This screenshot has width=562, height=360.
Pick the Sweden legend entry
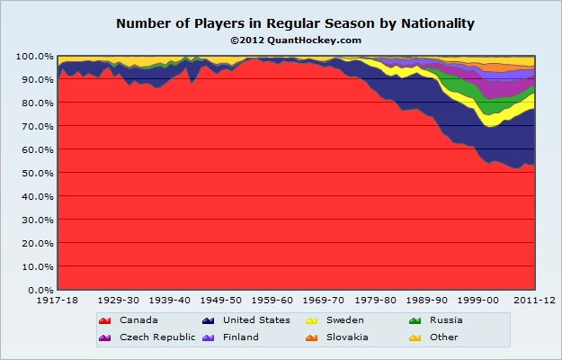(343, 319)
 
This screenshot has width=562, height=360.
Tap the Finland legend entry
(239, 337)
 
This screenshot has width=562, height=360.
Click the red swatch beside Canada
(105, 319)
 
